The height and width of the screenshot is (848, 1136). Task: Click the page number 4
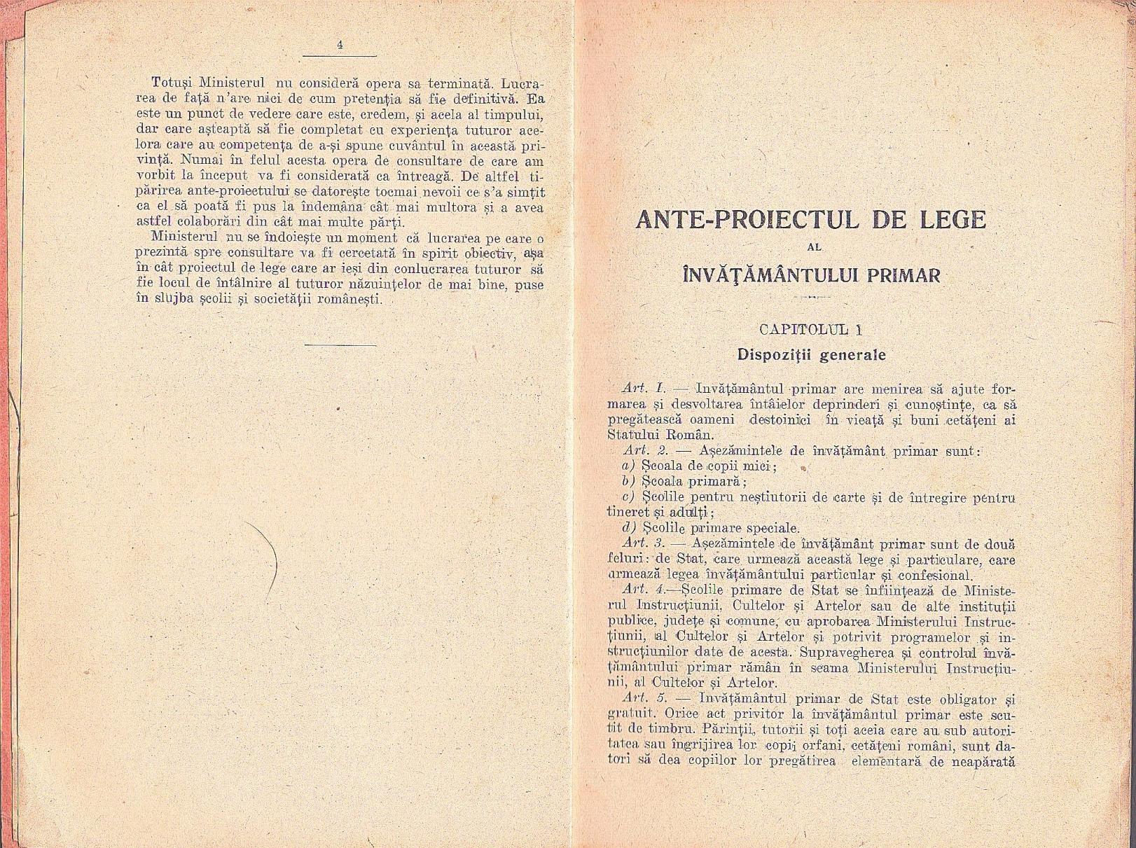tap(339, 44)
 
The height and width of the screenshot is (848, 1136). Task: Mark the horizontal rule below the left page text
tap(341, 344)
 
